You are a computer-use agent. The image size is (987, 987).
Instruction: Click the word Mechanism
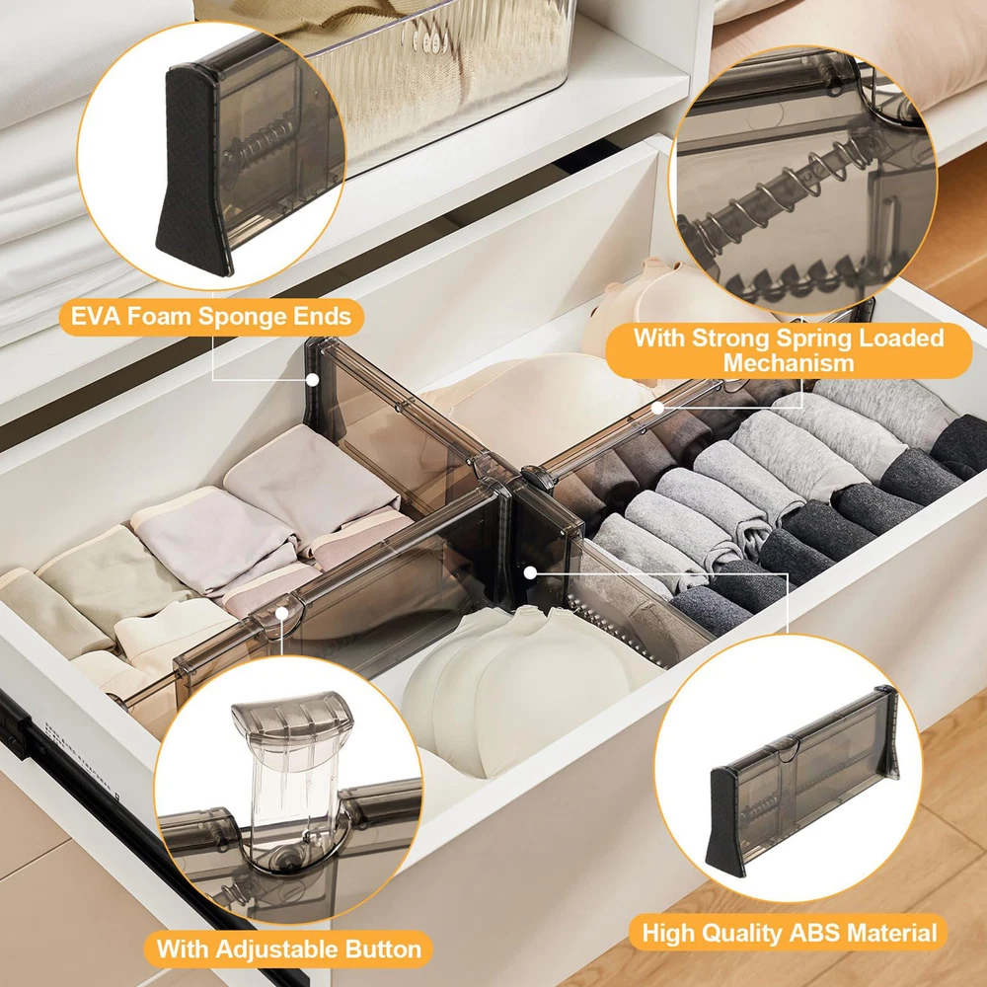point(788,363)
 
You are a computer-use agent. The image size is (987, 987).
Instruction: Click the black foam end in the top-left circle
point(192,170)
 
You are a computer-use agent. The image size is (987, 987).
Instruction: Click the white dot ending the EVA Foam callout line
point(312,380)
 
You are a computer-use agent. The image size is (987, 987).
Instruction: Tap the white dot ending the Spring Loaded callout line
point(657,408)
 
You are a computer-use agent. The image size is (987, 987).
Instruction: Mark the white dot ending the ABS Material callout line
point(530,572)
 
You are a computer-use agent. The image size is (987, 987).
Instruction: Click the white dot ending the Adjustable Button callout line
point(282,613)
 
